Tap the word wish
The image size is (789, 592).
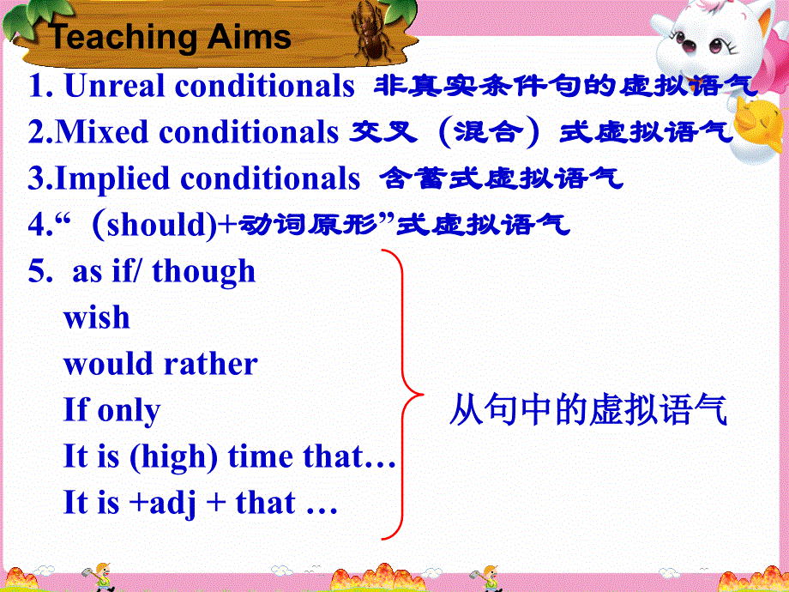pos(97,317)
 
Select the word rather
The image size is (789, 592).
pos(217,364)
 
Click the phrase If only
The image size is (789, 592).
pos(111,410)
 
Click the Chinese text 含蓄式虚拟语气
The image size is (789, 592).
pos(501,178)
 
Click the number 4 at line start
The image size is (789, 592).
pos(36,225)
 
